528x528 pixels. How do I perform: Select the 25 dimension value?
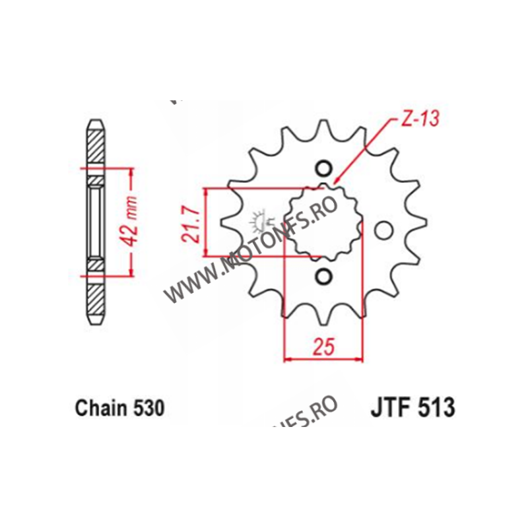[324, 346]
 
